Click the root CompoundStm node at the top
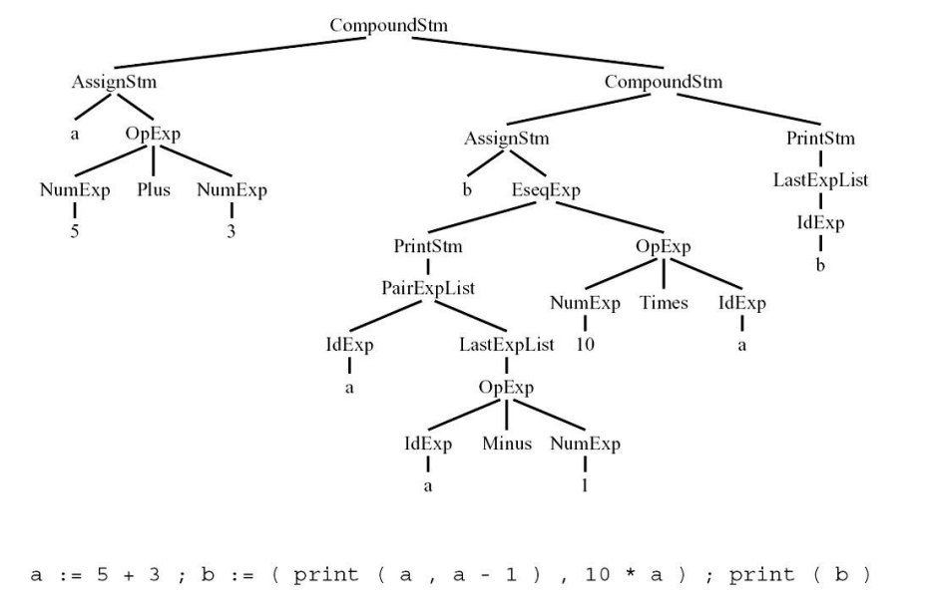tap(389, 23)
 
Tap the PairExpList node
tap(427, 289)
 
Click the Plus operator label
tap(153, 189)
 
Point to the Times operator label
tap(664, 303)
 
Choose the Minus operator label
tap(507, 444)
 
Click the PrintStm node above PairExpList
tap(427, 245)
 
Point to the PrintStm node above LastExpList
tap(820, 138)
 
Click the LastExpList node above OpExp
tap(506, 346)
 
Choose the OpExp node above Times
tap(664, 246)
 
